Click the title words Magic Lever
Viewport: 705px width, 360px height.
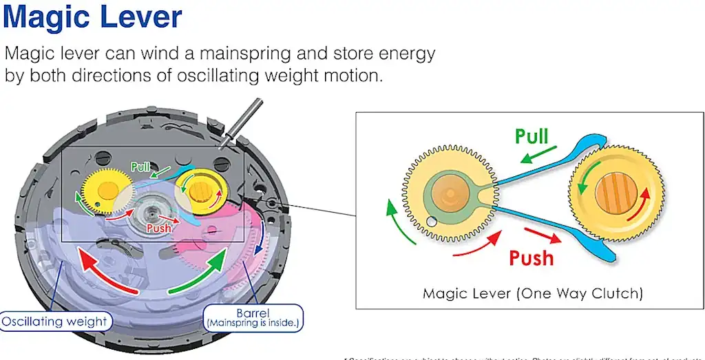click(93, 19)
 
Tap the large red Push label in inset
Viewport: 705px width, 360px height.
click(531, 257)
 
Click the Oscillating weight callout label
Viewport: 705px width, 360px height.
click(55, 321)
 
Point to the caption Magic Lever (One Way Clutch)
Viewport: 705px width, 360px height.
click(533, 293)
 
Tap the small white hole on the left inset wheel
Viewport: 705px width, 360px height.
click(432, 222)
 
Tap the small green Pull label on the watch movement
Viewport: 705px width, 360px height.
click(141, 167)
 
